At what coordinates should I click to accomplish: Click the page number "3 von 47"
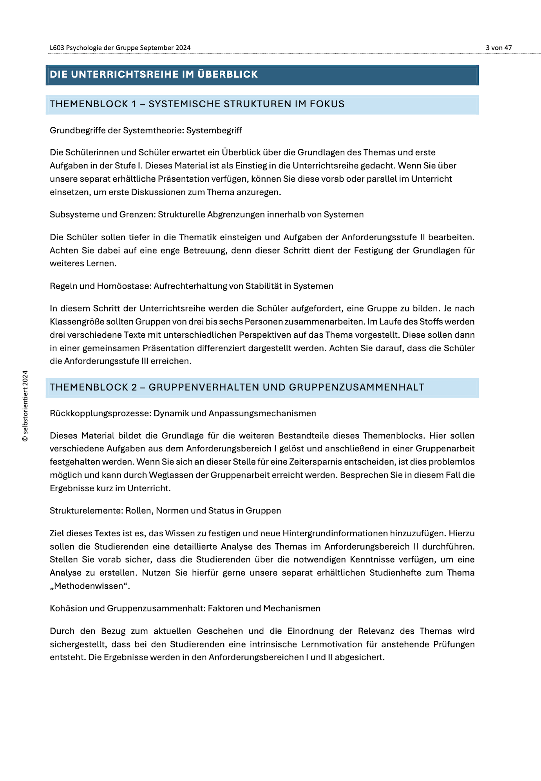pos(498,48)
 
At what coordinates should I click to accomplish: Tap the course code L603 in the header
pos(57,48)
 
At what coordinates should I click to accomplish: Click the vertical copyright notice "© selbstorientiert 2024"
pos(25,406)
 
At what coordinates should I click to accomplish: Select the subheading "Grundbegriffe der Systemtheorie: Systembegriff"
pos(146,130)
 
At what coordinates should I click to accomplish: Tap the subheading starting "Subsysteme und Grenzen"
pos(206,215)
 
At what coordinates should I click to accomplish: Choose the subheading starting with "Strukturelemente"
pos(165,511)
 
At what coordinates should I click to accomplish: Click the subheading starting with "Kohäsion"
pos(185,609)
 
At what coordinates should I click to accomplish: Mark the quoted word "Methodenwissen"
pos(90,586)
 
